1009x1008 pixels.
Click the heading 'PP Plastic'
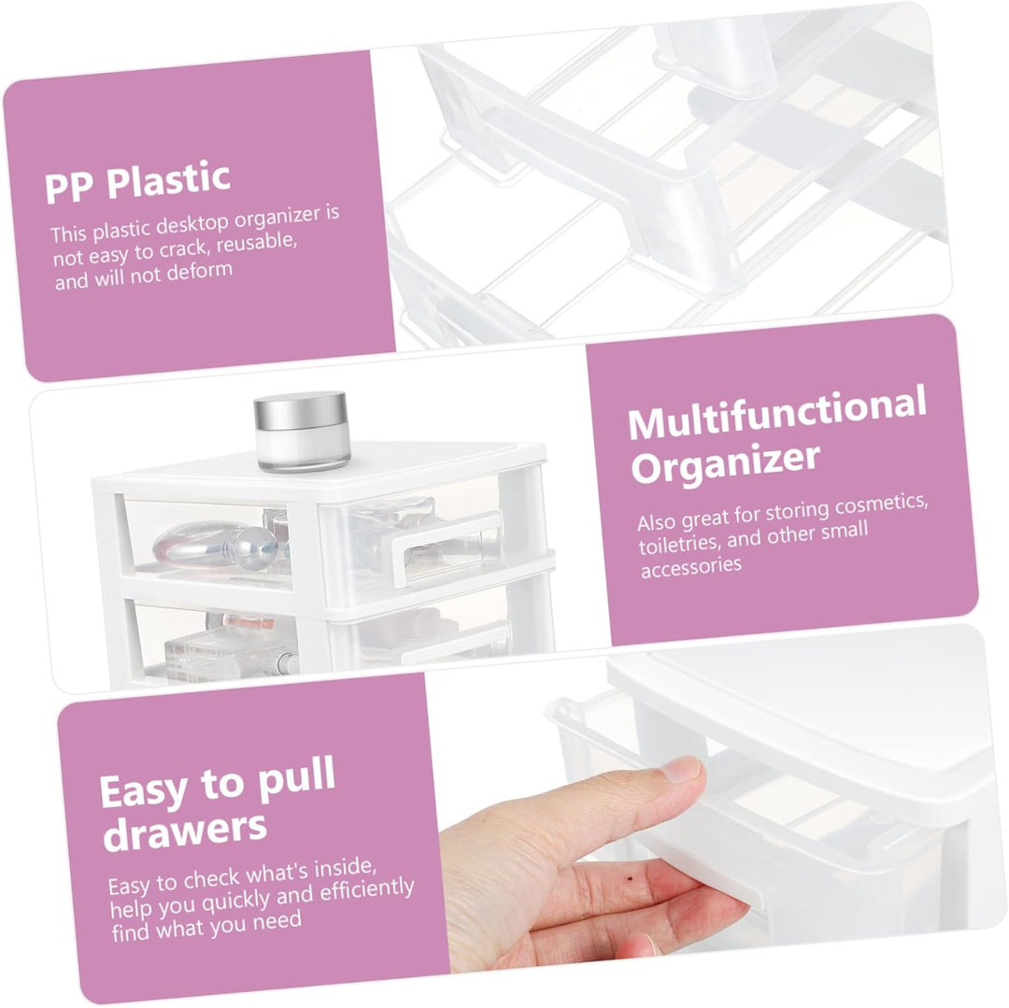(137, 182)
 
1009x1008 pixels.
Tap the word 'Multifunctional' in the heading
(776, 413)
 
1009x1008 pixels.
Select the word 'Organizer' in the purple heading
(725, 462)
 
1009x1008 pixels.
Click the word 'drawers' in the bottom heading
(185, 830)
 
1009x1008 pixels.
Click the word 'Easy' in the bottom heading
(143, 792)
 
